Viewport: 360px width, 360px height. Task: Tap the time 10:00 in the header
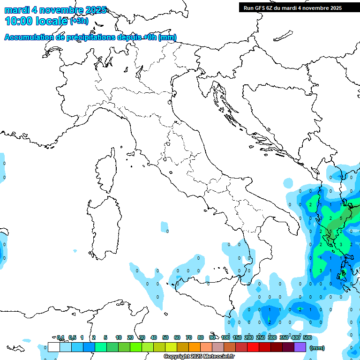(x=21, y=21)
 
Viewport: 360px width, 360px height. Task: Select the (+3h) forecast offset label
(x=78, y=21)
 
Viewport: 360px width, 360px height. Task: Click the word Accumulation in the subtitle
(x=29, y=37)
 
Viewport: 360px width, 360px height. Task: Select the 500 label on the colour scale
(x=307, y=337)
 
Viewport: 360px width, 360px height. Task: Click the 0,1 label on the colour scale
(x=60, y=337)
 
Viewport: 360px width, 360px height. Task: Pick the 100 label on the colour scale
(x=225, y=337)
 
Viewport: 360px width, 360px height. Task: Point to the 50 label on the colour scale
(x=165, y=337)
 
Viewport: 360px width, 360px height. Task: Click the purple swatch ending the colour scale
(x=300, y=347)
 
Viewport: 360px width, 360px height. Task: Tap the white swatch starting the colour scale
(x=54, y=347)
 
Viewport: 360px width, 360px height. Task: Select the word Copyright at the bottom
(x=176, y=357)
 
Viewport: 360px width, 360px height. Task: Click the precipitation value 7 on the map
(x=351, y=218)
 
